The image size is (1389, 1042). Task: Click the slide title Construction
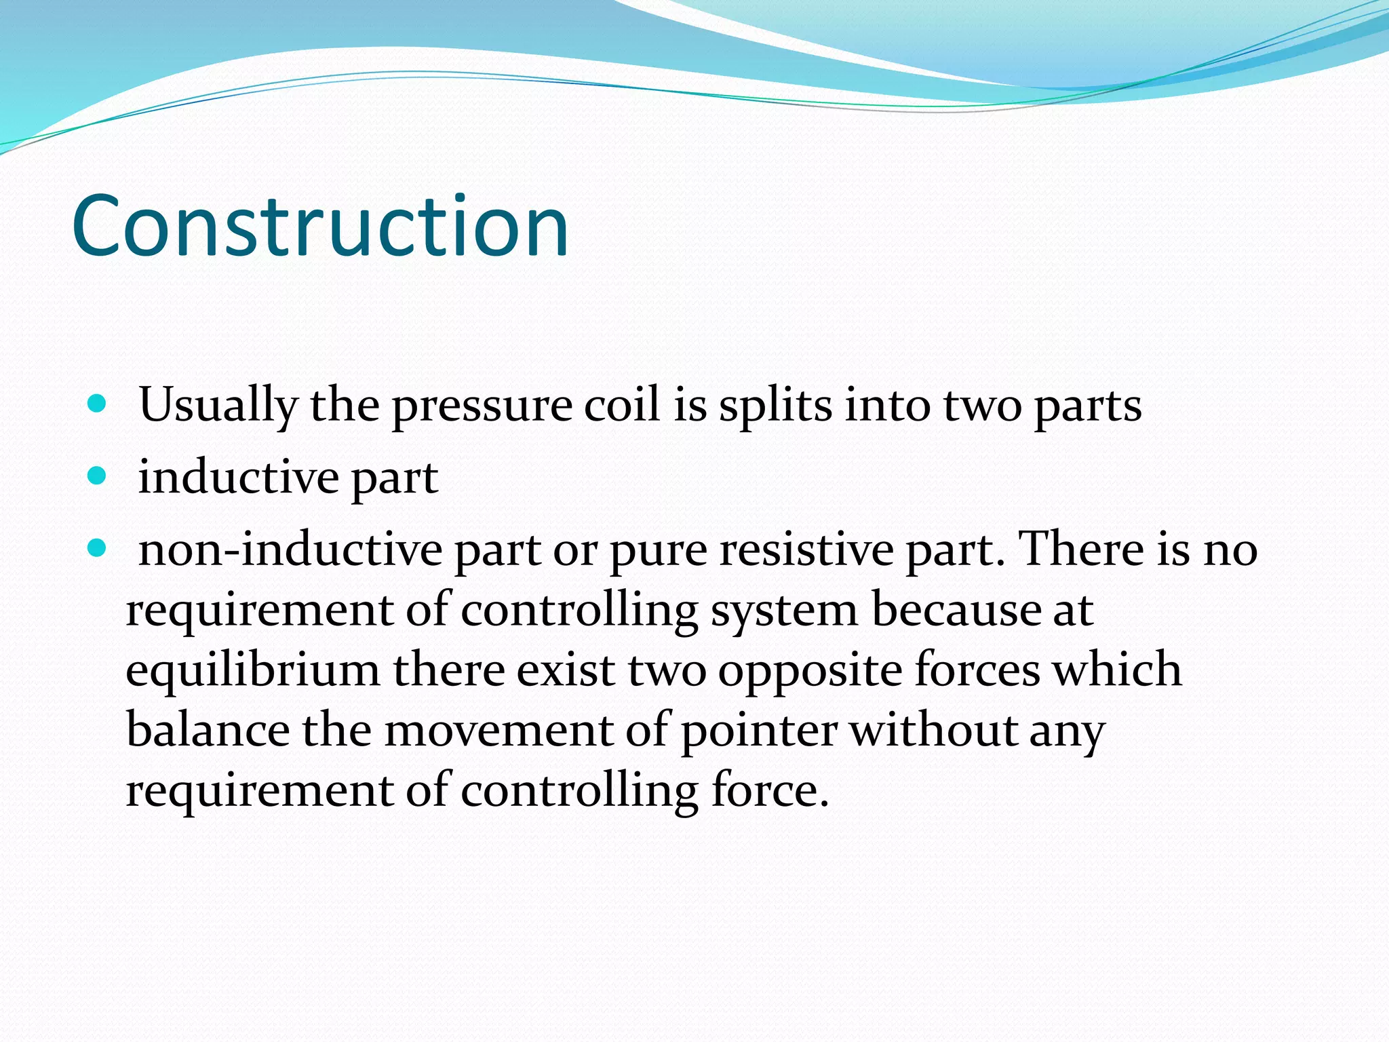320,226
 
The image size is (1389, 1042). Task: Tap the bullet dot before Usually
98,404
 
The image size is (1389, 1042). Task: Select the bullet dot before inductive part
98,476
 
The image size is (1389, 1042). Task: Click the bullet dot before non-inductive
98,548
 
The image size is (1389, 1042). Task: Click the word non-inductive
290,549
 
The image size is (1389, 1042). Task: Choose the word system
783,611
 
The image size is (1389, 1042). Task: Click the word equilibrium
253,670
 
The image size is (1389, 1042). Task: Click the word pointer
759,731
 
